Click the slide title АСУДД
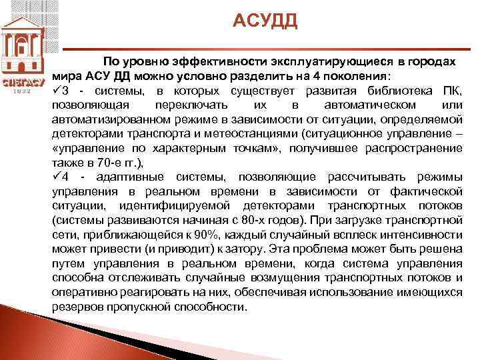click(265, 22)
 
